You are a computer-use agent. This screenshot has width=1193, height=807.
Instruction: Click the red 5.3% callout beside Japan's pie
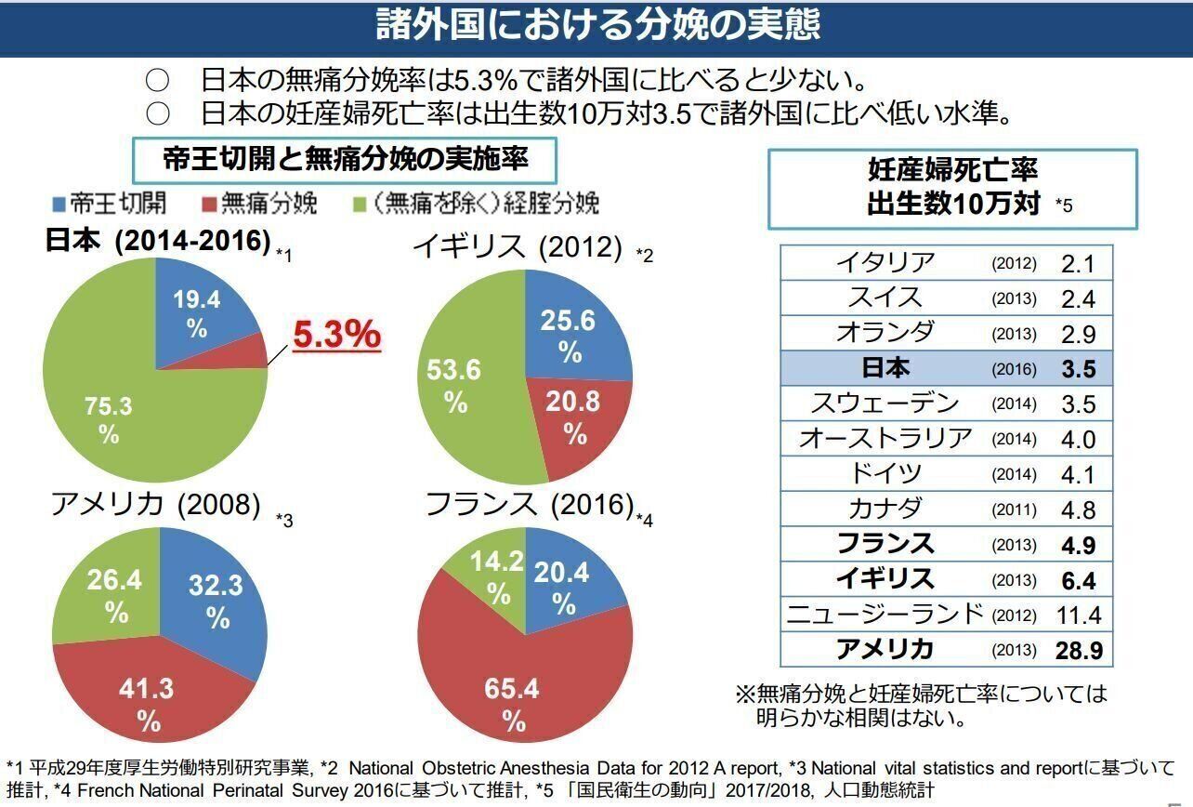pos(337,335)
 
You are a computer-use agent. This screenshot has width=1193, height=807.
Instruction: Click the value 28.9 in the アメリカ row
pos(1078,650)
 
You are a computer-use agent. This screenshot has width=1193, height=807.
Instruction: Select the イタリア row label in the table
pos(884,263)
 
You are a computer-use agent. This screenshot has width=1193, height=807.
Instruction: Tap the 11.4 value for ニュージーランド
pos(1078,615)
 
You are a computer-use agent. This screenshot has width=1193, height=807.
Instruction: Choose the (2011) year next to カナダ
pos(1014,510)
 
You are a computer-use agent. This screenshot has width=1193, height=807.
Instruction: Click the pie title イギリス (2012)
pos(518,247)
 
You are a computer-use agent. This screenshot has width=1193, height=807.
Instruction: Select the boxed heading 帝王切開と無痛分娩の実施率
pos(345,159)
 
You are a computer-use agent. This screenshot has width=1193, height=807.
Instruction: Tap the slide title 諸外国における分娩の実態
pos(597,25)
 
